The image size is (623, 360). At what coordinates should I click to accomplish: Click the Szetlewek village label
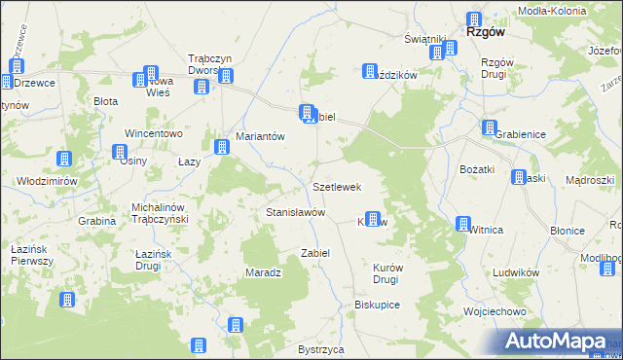(337, 186)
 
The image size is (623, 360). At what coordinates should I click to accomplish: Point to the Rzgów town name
(484, 31)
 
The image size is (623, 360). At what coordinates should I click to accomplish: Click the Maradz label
(263, 272)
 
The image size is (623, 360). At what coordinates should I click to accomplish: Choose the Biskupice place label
(378, 304)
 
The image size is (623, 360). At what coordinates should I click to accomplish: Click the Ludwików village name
(516, 273)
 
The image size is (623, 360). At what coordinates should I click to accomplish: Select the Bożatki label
(478, 169)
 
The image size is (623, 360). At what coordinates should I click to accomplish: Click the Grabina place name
(97, 221)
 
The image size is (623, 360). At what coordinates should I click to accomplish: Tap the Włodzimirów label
(48, 181)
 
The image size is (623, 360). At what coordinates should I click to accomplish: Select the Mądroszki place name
(589, 181)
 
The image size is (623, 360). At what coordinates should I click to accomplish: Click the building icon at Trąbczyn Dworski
(202, 86)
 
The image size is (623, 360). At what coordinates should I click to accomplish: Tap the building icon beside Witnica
(462, 224)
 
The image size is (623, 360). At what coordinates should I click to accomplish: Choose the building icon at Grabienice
(489, 127)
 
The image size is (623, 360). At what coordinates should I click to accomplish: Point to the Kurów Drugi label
(385, 272)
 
